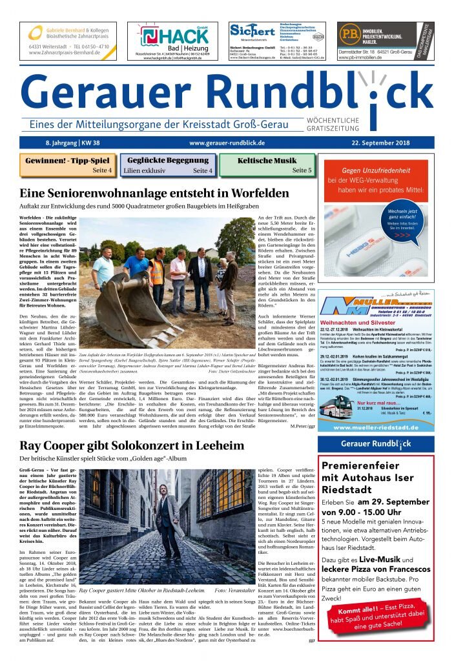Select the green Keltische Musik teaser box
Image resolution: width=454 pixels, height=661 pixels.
[x=267, y=165]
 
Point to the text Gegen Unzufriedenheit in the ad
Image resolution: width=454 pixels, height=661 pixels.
[x=380, y=170]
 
